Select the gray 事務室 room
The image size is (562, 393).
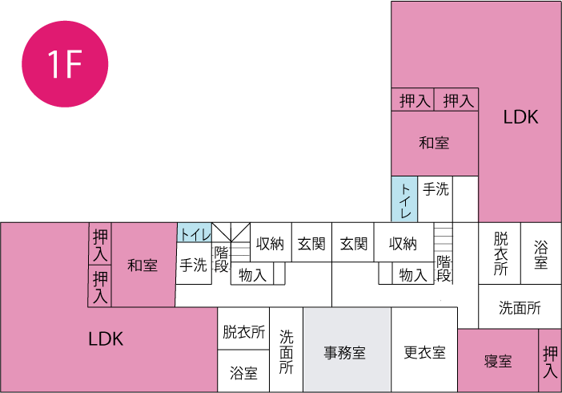pos(345,351)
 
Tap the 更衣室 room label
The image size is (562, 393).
pos(424,351)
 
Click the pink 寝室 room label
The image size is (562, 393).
pos(498,361)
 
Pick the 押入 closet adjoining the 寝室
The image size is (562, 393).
pos(550,361)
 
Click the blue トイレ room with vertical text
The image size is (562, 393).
pos(404,200)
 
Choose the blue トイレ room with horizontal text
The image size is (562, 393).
pos(195,233)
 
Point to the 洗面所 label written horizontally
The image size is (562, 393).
pos(520,307)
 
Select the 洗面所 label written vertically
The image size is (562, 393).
pos(287,351)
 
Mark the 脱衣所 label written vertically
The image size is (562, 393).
pos(500,253)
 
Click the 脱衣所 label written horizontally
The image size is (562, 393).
pos(243,331)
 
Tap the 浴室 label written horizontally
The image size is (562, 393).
pos(243,373)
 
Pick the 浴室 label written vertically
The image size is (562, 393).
pos(541,253)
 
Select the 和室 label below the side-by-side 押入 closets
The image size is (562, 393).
pos(434,143)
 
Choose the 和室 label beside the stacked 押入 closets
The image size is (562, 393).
pos(143,265)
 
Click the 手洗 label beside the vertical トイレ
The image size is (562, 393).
pos(436,190)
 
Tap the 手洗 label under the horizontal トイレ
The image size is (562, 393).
pos(194,265)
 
